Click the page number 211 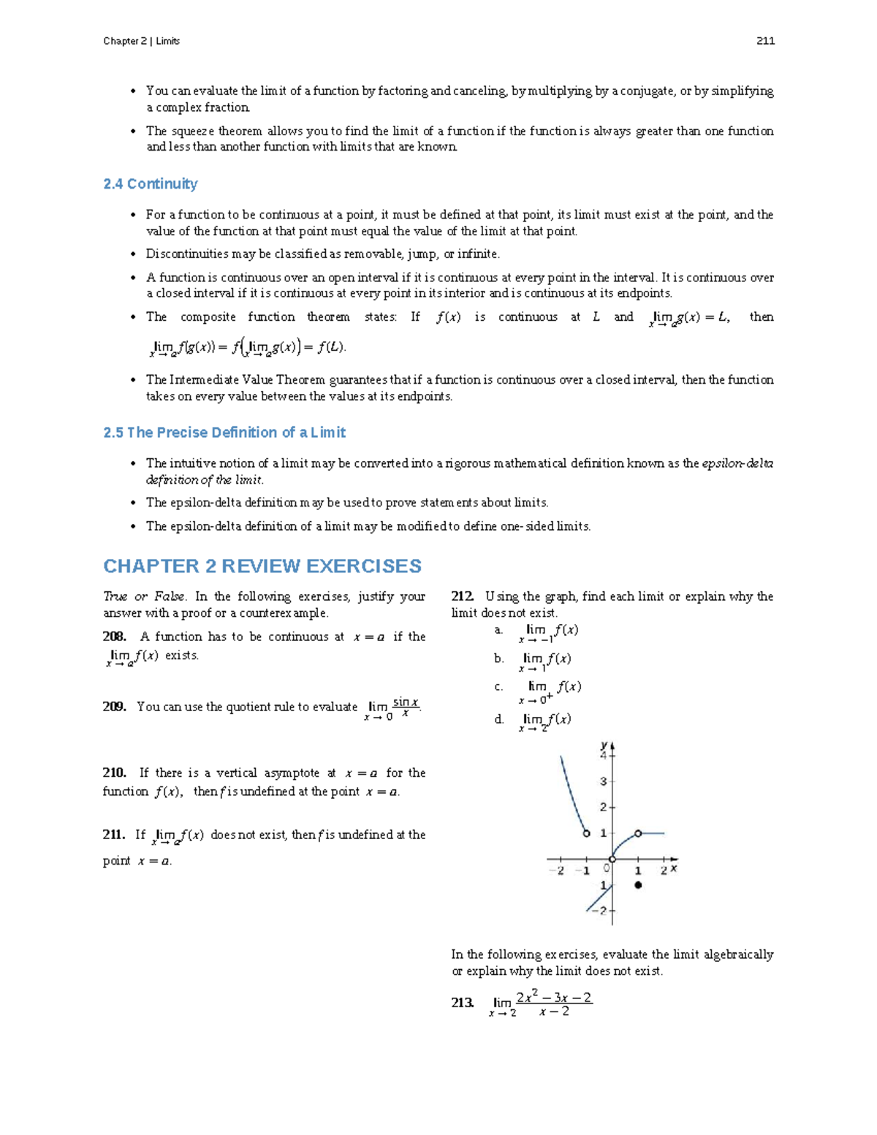click(765, 41)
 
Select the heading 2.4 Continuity click(151, 184)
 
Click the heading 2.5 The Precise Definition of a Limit click(224, 433)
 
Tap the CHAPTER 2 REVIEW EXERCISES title click(262, 566)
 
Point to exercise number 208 click(115, 637)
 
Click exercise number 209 click(115, 707)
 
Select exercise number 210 click(115, 773)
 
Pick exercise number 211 click(114, 835)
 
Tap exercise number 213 click(463, 1003)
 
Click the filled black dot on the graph click(638, 885)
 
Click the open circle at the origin click(612, 859)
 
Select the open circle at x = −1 click(586, 833)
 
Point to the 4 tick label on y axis click(604, 756)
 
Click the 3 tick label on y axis click(604, 781)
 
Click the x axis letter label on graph click(674, 868)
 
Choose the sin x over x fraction click(406, 707)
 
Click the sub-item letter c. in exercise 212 click(498, 687)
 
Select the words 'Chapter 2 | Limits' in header click(141, 41)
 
